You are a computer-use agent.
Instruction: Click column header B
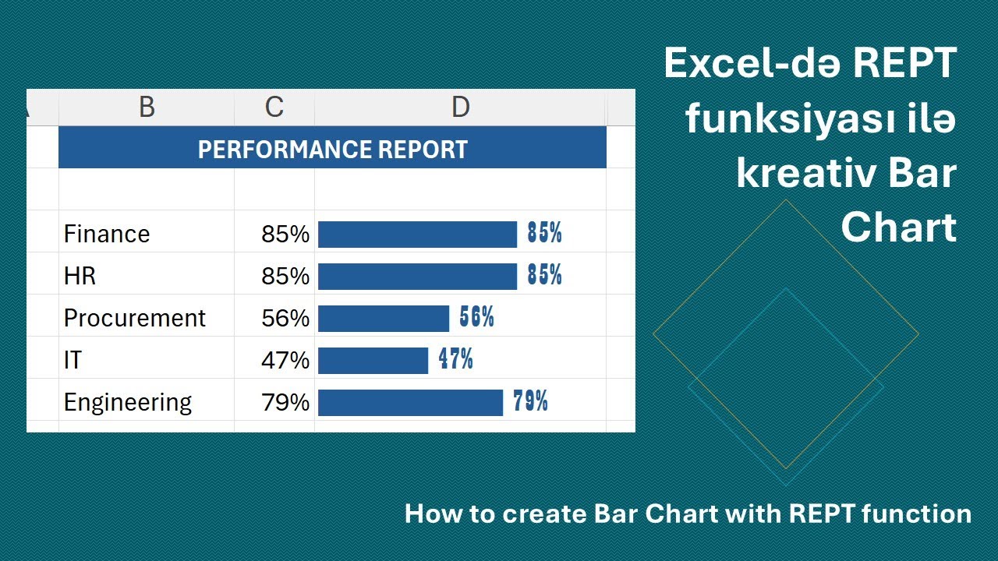pyautogui.click(x=147, y=108)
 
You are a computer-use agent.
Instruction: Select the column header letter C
pyautogui.click(x=274, y=108)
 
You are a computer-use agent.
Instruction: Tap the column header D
pyautogui.click(x=460, y=108)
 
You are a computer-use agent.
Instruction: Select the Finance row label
pyautogui.click(x=107, y=235)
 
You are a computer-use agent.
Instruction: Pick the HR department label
pyautogui.click(x=80, y=277)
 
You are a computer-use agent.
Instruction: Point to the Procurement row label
pyautogui.click(x=135, y=319)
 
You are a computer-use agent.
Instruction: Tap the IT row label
pyautogui.click(x=73, y=361)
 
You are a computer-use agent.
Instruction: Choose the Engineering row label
pyautogui.click(x=128, y=403)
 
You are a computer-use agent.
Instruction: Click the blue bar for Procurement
pyautogui.click(x=384, y=319)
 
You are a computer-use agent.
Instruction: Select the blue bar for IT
pyautogui.click(x=373, y=361)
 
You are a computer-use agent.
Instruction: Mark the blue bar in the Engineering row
pyautogui.click(x=410, y=403)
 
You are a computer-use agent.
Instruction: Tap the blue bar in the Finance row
pyautogui.click(x=417, y=235)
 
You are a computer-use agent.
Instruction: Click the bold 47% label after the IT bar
pyautogui.click(x=455, y=360)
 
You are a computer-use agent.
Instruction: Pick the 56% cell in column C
pyautogui.click(x=285, y=319)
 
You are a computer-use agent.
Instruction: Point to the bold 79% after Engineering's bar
pyautogui.click(x=530, y=402)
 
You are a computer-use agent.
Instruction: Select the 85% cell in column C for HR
pyautogui.click(x=285, y=277)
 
